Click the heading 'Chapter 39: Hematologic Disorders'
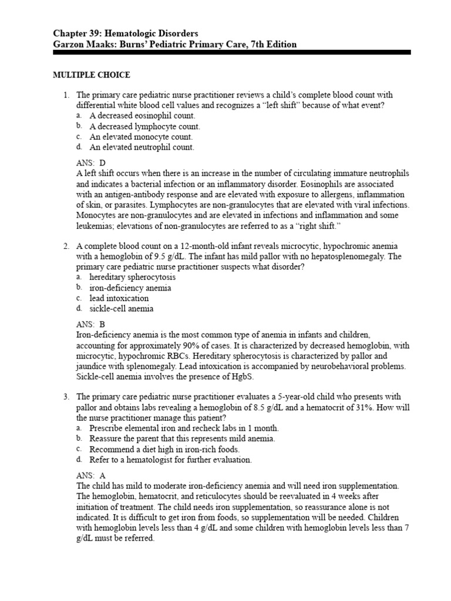click(125, 33)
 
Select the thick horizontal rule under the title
click(232, 53)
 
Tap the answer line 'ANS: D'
click(91, 163)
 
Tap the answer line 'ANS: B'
click(91, 323)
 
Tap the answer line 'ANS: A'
click(91, 475)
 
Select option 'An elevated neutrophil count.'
click(142, 147)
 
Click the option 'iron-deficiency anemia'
click(130, 288)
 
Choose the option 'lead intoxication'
click(119, 298)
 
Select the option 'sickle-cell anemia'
click(122, 309)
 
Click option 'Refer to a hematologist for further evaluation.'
click(170, 460)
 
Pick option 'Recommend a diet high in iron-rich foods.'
click(164, 450)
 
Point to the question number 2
click(66, 245)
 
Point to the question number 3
click(66, 397)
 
